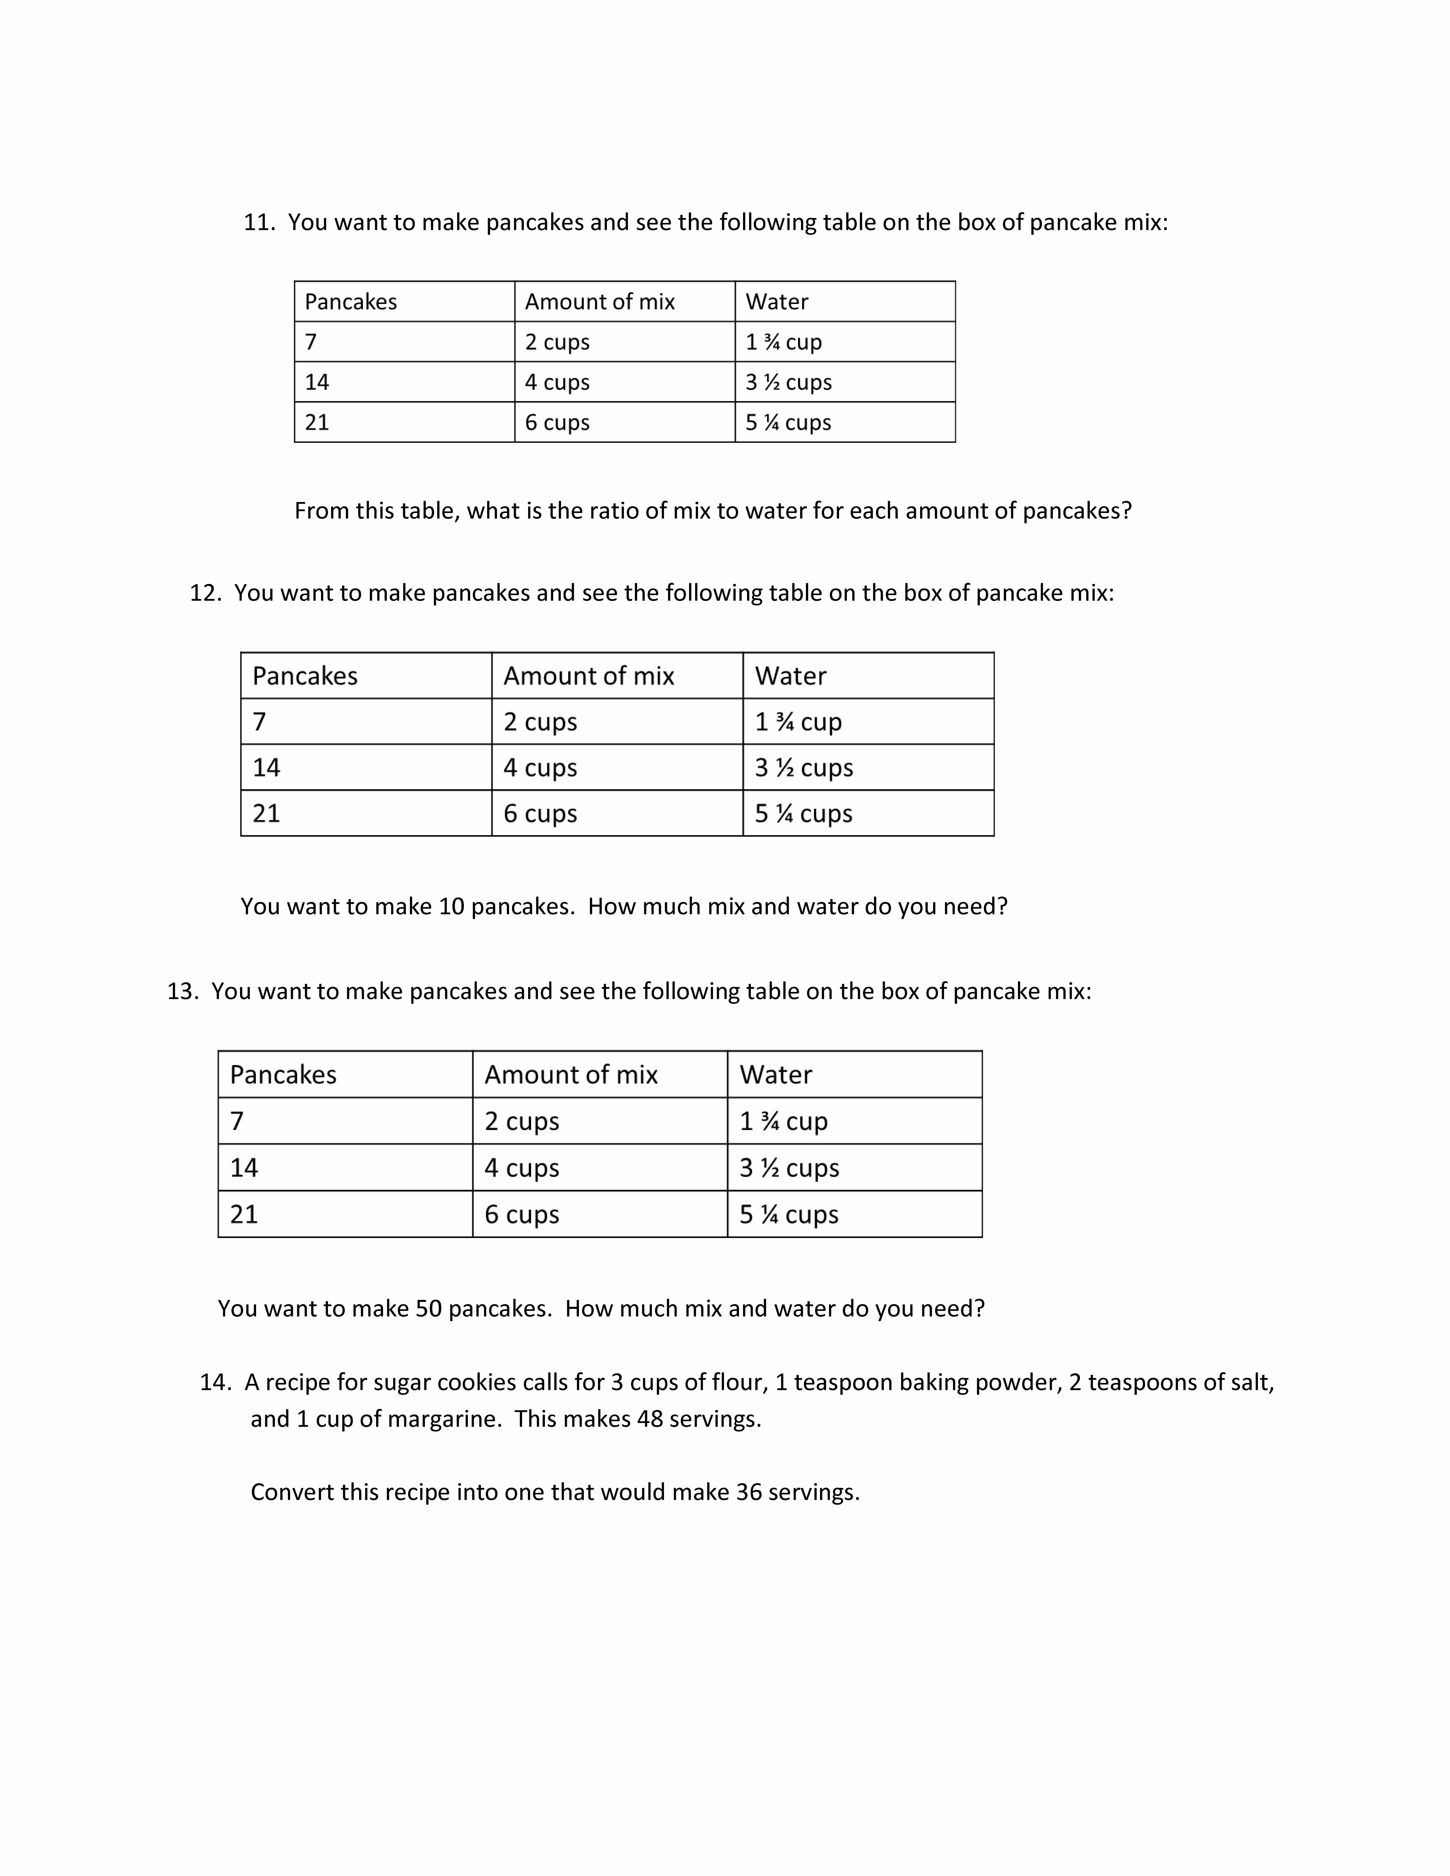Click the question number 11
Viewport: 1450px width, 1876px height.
pos(258,222)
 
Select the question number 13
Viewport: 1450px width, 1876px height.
pos(182,991)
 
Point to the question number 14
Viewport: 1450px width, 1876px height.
pos(215,1382)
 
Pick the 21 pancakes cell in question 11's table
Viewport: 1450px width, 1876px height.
pos(317,423)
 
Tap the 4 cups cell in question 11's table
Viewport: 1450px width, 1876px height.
pos(557,382)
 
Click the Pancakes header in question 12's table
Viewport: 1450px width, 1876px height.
pos(305,676)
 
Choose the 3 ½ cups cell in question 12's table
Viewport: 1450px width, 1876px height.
pos(803,767)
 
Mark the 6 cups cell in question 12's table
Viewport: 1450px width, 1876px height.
pos(540,814)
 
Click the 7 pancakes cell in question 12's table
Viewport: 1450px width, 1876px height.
pos(259,722)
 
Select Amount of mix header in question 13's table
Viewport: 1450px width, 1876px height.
pos(570,1075)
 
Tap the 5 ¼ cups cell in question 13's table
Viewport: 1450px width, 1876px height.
pos(788,1215)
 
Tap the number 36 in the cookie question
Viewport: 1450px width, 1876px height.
pos(748,1492)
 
